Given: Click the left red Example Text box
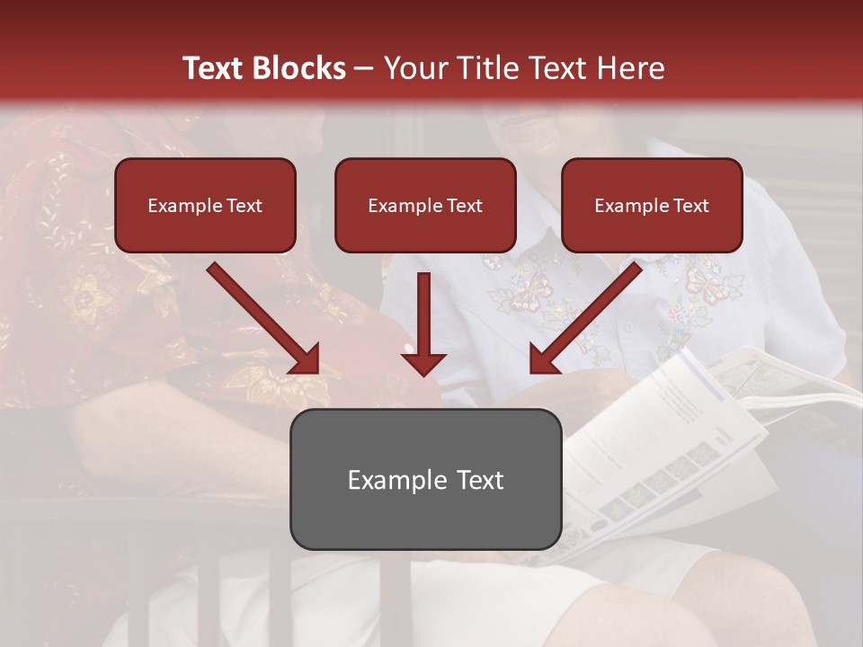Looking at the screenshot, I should tap(205, 205).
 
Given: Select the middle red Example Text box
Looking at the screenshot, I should tap(425, 205).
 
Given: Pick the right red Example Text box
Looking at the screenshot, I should tap(652, 205).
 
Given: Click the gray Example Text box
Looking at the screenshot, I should tap(425, 479).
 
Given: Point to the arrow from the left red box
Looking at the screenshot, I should tap(261, 315).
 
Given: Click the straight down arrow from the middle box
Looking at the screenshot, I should tap(423, 319).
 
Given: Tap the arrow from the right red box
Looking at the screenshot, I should tap(589, 315).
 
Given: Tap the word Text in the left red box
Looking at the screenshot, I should tap(244, 206).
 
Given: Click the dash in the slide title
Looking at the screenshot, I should tap(364, 68).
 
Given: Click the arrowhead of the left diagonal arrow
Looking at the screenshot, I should tap(306, 359).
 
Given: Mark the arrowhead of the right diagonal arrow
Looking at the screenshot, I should tap(544, 359).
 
